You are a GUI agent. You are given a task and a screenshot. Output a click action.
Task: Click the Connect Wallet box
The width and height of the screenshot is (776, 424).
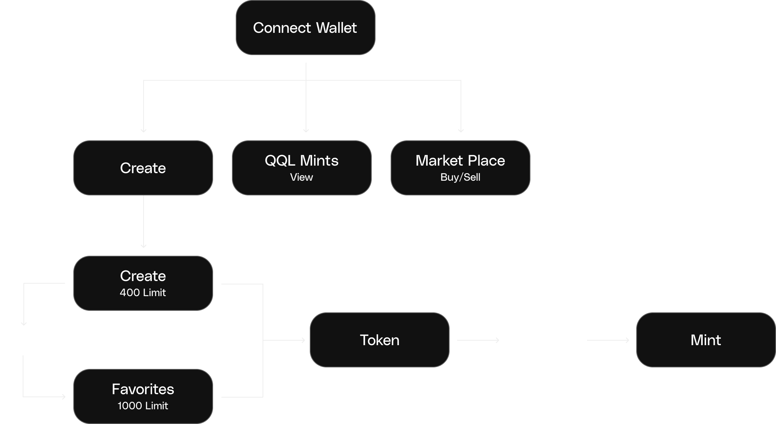tap(305, 28)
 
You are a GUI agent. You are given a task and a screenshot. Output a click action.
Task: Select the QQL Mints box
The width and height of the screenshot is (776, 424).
tap(301, 167)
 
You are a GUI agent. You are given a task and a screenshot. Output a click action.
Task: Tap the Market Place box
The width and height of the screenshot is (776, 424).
tap(460, 167)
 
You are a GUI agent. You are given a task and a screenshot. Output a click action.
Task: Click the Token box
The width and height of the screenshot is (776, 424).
tap(379, 340)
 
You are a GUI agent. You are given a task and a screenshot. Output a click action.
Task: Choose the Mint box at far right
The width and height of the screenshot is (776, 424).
tap(706, 340)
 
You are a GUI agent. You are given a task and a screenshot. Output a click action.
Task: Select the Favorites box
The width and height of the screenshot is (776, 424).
tap(143, 396)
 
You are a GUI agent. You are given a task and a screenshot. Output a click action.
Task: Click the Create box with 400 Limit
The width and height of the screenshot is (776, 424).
tap(143, 283)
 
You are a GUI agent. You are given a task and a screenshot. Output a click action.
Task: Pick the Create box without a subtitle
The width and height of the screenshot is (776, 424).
tap(143, 168)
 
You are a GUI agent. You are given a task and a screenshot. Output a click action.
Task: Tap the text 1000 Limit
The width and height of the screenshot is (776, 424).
tap(143, 406)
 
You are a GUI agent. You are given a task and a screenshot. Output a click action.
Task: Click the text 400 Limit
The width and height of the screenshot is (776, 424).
tap(143, 293)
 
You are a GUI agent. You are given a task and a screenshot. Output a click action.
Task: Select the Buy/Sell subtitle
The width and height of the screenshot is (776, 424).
tap(460, 177)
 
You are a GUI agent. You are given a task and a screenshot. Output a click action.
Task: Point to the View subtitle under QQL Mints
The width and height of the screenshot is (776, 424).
tap(301, 177)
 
